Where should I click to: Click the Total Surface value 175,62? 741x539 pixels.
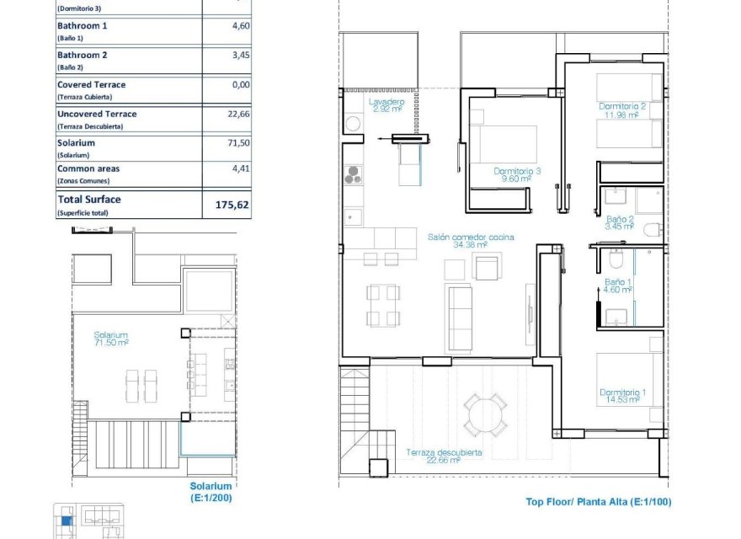pos(227,205)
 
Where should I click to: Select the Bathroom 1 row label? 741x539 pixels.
pos(82,26)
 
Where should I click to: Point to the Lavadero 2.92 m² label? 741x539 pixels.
pos(386,104)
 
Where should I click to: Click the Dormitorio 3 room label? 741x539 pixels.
pos(517,174)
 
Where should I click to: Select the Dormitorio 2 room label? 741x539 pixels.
pos(622,110)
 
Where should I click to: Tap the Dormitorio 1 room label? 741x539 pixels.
pos(622,396)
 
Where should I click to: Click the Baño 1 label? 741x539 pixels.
pos(617,286)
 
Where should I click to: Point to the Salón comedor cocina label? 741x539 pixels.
pos(471,241)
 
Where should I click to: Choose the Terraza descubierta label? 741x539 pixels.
pos(444,456)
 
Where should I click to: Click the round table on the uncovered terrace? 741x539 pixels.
pos(486,414)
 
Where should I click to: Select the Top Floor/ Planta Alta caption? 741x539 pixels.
pos(599,502)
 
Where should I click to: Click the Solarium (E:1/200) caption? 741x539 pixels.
pos(211,492)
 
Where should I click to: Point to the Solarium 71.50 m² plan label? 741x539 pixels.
pos(110,339)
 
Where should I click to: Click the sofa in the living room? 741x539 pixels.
pos(460,318)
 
